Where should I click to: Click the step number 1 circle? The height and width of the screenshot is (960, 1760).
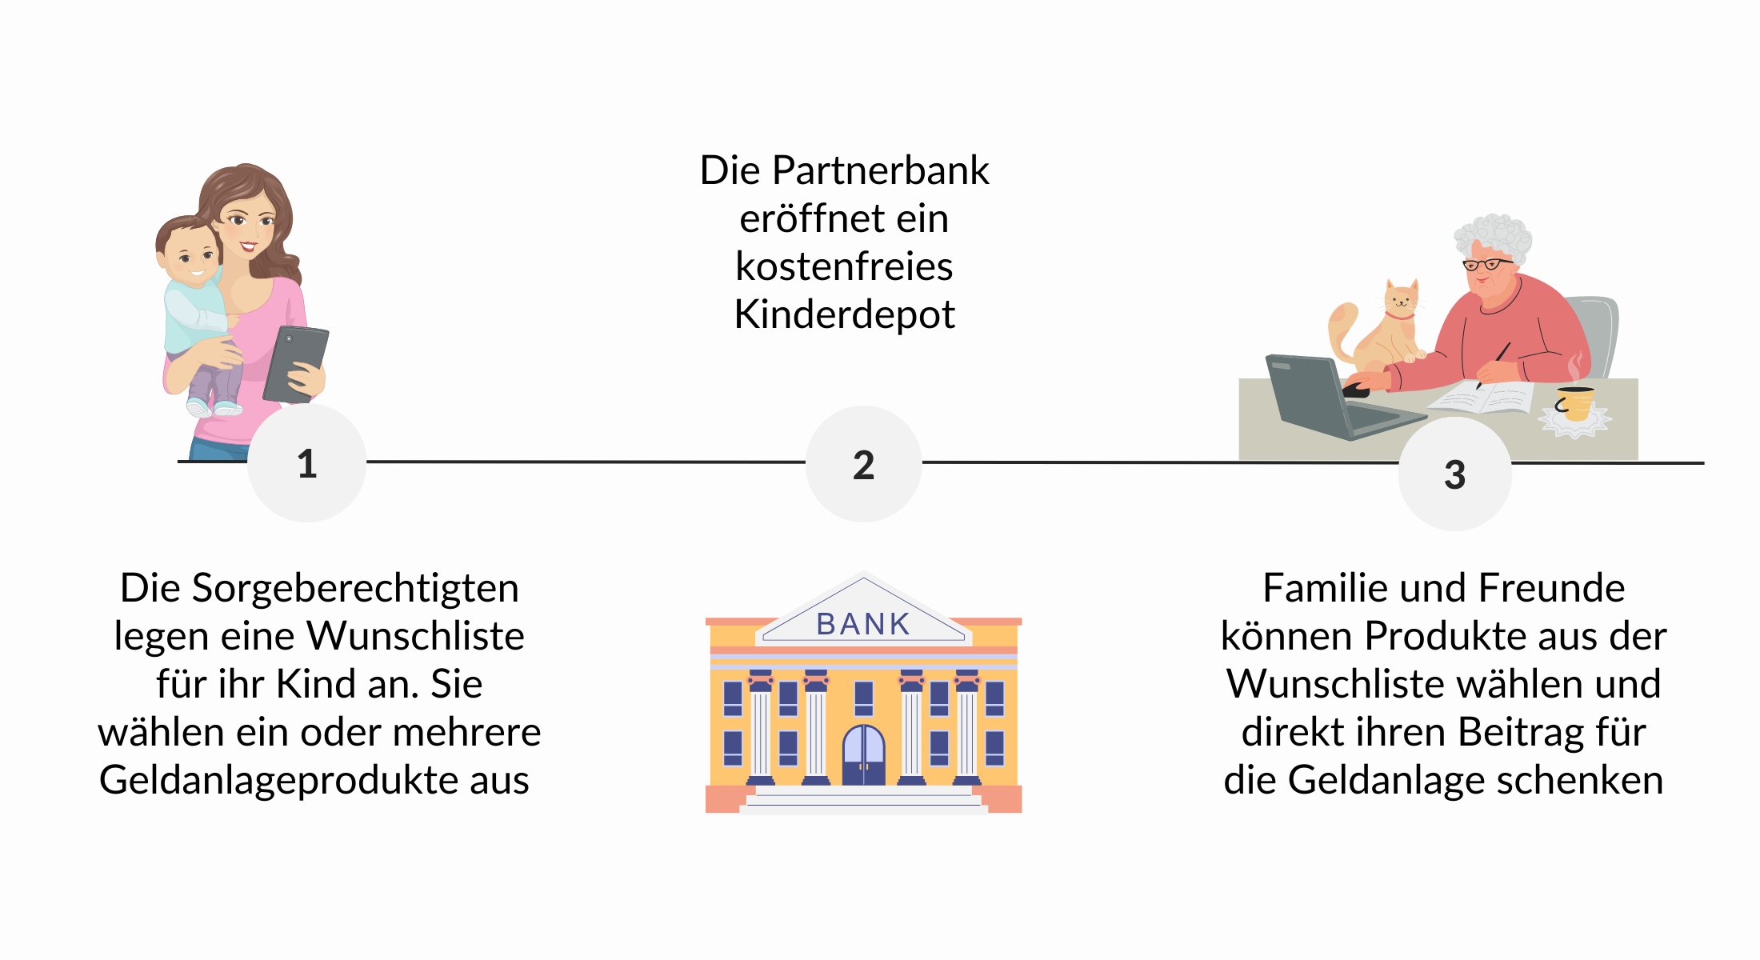(307, 463)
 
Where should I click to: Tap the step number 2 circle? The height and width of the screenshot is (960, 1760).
(863, 464)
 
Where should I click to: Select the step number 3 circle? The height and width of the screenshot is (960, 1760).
(1454, 474)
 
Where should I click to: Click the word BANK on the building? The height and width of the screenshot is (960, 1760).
(863, 624)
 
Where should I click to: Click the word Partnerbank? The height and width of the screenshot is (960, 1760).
(880, 170)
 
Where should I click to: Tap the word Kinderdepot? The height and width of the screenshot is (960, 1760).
(844, 314)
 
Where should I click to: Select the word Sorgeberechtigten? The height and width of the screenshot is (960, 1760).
(354, 589)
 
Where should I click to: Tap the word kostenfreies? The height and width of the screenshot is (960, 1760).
(844, 266)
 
